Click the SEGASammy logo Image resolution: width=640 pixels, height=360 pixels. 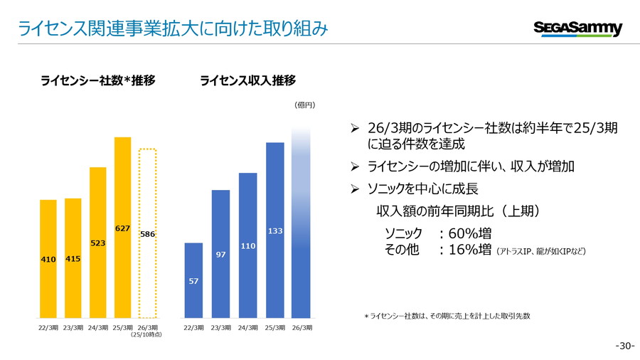(577, 28)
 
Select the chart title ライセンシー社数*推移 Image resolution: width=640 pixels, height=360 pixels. (98, 80)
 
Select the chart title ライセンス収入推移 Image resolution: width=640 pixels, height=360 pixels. (248, 80)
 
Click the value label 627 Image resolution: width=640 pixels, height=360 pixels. (123, 228)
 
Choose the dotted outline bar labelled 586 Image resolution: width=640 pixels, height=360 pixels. (147, 233)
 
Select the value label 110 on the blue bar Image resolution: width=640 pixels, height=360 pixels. (248, 245)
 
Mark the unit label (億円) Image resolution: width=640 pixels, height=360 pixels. (304, 105)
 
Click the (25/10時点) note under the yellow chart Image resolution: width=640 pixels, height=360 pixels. (147, 334)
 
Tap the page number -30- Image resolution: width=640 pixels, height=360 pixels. (624, 346)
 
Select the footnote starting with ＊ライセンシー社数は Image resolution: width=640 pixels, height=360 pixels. (447, 315)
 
